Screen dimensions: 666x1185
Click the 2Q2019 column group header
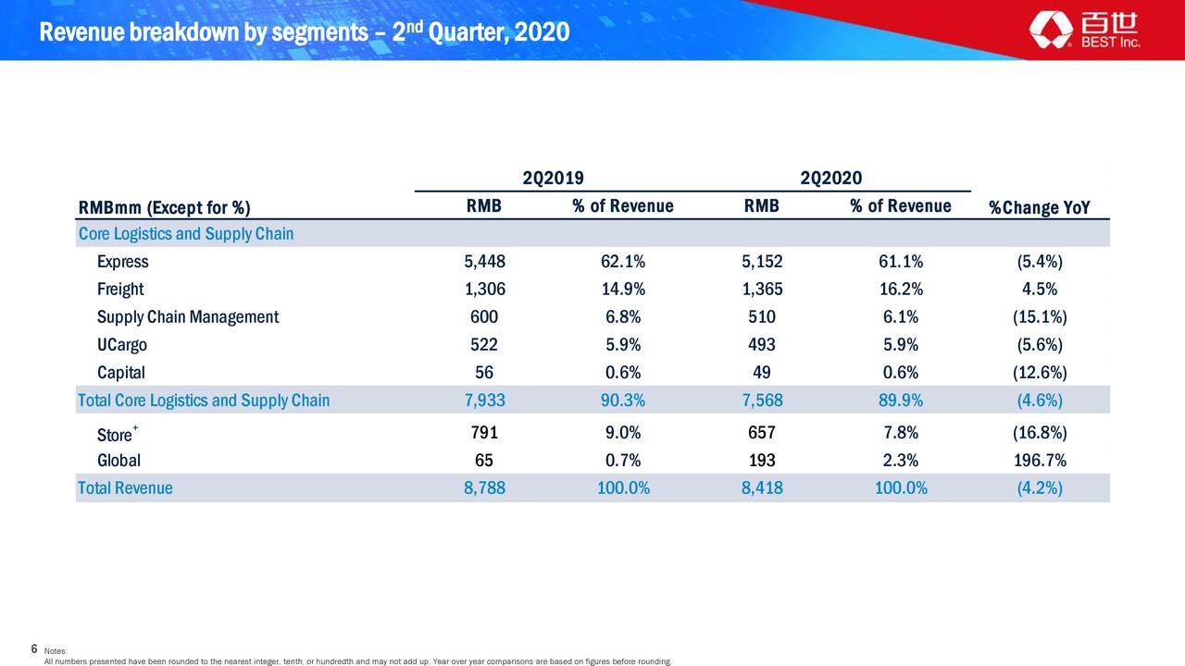coord(553,178)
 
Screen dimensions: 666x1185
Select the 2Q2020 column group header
coord(830,178)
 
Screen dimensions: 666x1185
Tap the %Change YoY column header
coord(1039,207)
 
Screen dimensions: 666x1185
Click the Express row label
coord(122,262)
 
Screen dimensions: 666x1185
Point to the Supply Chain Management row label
coord(187,317)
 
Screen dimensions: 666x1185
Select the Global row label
coord(118,461)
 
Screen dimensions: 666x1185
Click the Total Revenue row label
coord(125,488)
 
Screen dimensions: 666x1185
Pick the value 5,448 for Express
coord(484,262)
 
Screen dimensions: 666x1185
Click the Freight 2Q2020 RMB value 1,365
coord(762,290)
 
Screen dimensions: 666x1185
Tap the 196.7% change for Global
coord(1039,461)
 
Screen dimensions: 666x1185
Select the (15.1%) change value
coord(1039,317)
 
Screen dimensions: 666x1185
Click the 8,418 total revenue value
coord(762,488)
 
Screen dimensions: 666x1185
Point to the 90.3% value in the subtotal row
coord(623,401)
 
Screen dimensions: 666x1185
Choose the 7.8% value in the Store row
coord(900,433)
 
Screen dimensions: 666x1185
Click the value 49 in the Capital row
coord(762,373)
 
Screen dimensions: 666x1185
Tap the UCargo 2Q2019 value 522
coord(484,345)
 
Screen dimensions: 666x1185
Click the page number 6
coord(34,648)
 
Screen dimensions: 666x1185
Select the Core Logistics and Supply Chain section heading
coord(186,234)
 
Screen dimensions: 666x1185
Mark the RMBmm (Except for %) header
coord(164,207)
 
